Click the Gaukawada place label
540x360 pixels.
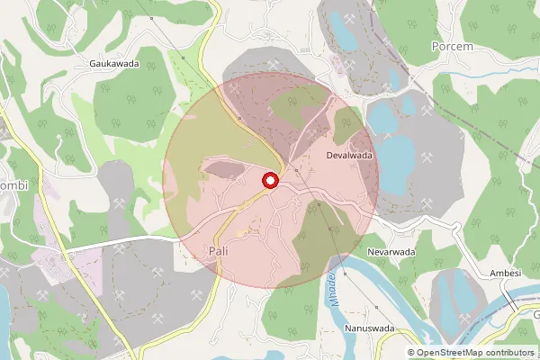click(112, 65)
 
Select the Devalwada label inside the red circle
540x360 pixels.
click(349, 155)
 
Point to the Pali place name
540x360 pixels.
click(217, 249)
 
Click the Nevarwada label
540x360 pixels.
click(390, 253)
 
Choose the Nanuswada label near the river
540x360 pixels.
click(369, 328)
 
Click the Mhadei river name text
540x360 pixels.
click(330, 289)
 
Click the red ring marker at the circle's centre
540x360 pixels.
click(269, 181)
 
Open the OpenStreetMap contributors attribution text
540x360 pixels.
click(476, 353)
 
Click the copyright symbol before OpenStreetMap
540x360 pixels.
click(411, 353)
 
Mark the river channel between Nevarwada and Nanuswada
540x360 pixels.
click(378, 288)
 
